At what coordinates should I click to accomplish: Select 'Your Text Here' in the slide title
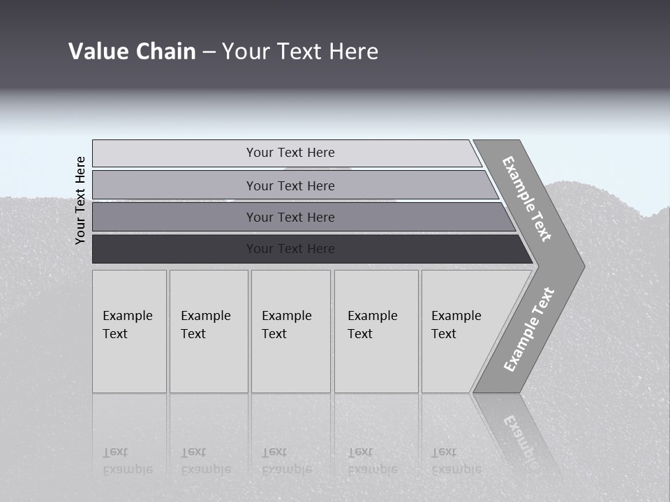coord(300,52)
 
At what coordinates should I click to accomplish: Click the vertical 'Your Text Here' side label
coord(80,200)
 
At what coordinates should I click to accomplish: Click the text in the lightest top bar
coord(290,153)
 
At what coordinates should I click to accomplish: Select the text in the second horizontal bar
coord(290,186)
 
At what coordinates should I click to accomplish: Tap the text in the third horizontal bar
coord(290,218)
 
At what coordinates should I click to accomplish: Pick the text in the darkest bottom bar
coord(290,249)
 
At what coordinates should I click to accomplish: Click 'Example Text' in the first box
coord(127,325)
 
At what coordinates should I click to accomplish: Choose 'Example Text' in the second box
coord(205,325)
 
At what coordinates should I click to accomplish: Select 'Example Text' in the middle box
coord(286,325)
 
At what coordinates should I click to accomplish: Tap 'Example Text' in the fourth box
coord(372,325)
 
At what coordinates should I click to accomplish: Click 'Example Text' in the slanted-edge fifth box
coord(456,325)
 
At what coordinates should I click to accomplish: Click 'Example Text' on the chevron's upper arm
coord(527,199)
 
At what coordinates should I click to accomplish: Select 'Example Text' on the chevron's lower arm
coord(529,330)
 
